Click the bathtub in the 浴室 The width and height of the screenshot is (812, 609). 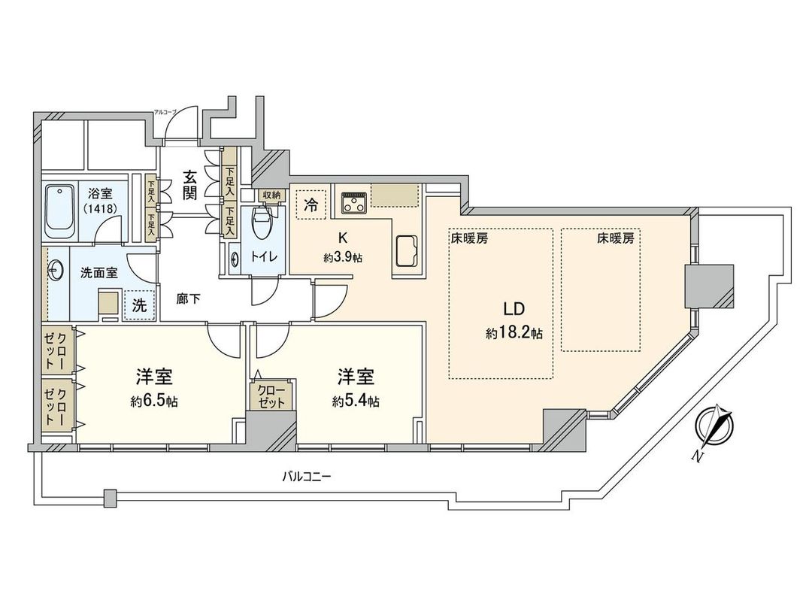pos(59,211)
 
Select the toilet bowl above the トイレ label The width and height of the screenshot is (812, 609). pos(261,220)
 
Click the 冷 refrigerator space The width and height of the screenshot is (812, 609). pos(310,204)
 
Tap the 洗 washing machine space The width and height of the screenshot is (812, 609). pos(140,305)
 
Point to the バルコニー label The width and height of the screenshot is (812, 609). pos(307,476)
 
